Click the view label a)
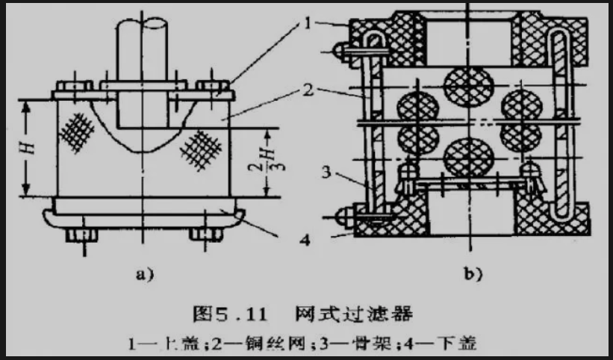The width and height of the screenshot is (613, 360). pyautogui.click(x=143, y=274)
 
